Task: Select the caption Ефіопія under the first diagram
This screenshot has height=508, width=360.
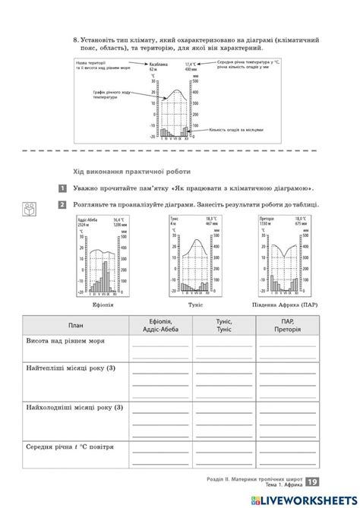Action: tap(102, 304)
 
